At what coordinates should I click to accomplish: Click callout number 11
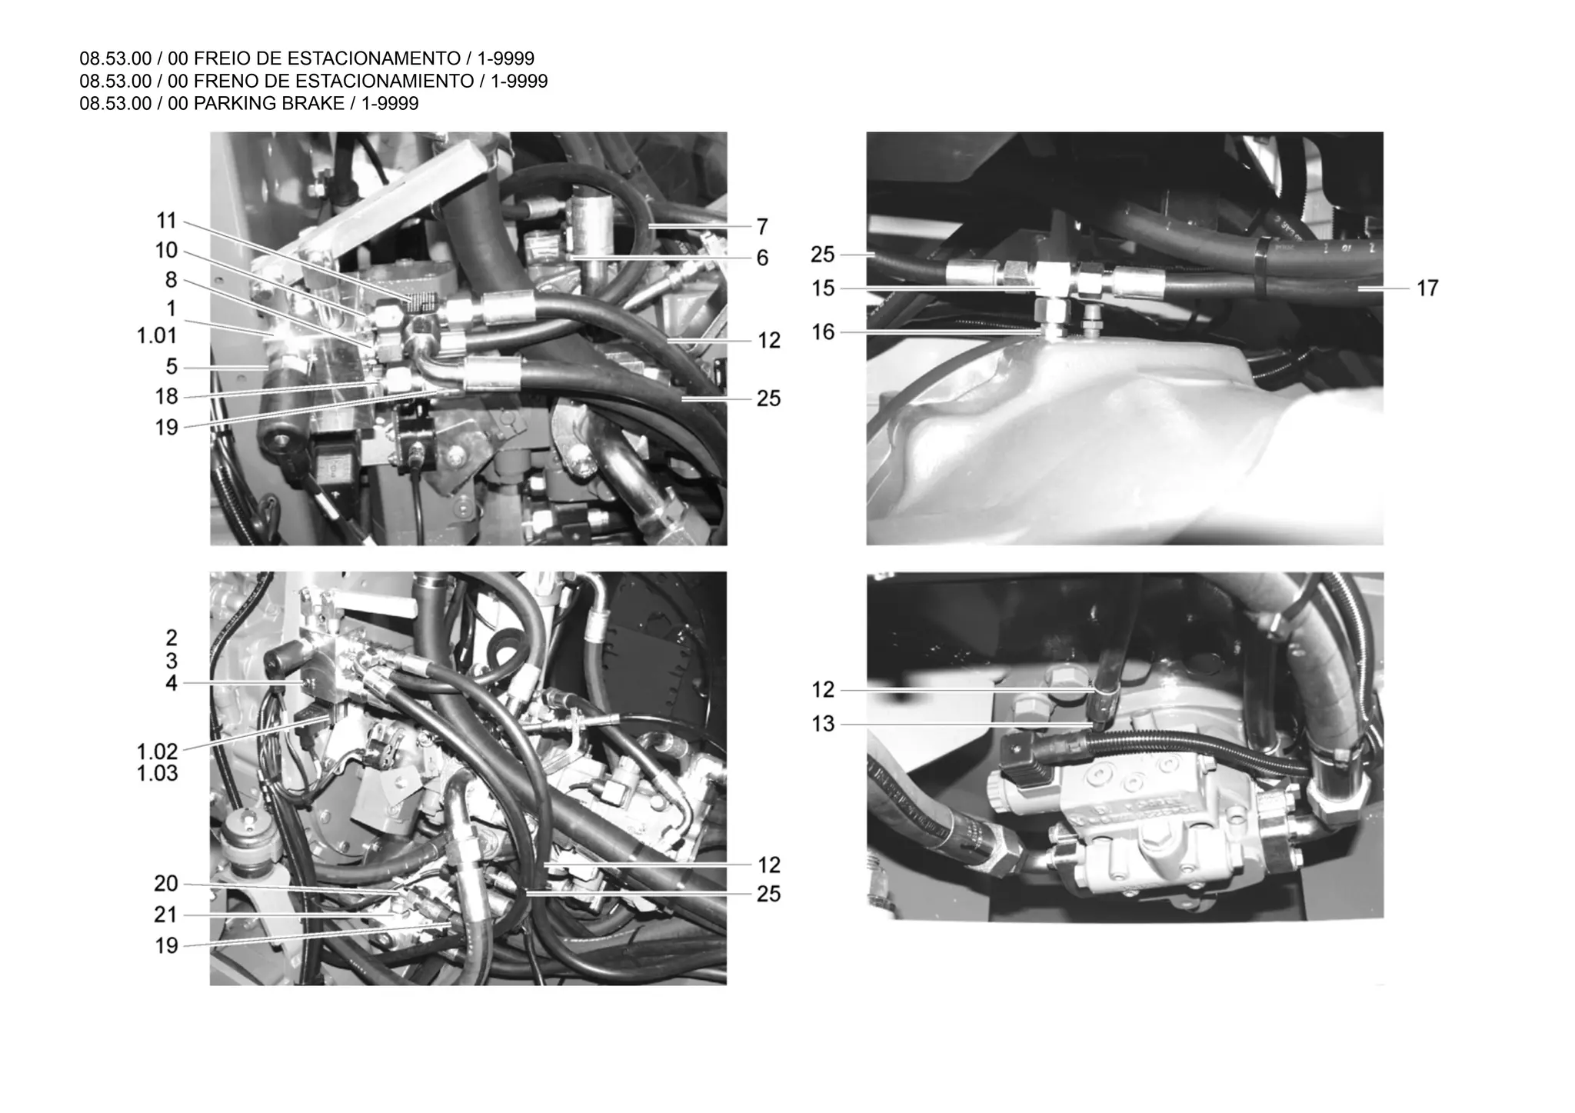(x=166, y=222)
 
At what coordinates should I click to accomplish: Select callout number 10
(x=166, y=251)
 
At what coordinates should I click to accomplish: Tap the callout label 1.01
(x=157, y=336)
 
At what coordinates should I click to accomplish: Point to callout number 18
(x=166, y=397)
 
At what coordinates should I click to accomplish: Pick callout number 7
(x=761, y=227)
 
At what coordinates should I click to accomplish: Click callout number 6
(x=761, y=258)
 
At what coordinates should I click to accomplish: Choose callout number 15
(x=823, y=289)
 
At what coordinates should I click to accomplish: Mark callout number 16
(x=823, y=332)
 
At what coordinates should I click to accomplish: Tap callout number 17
(x=1427, y=288)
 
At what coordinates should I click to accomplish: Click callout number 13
(x=823, y=725)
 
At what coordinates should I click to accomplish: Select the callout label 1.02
(x=157, y=751)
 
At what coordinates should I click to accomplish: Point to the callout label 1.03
(x=157, y=774)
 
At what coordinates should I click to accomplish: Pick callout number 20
(x=166, y=885)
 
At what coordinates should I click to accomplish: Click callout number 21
(x=166, y=915)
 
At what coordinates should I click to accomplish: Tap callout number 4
(x=171, y=683)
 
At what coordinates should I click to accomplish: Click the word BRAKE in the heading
(x=315, y=104)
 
